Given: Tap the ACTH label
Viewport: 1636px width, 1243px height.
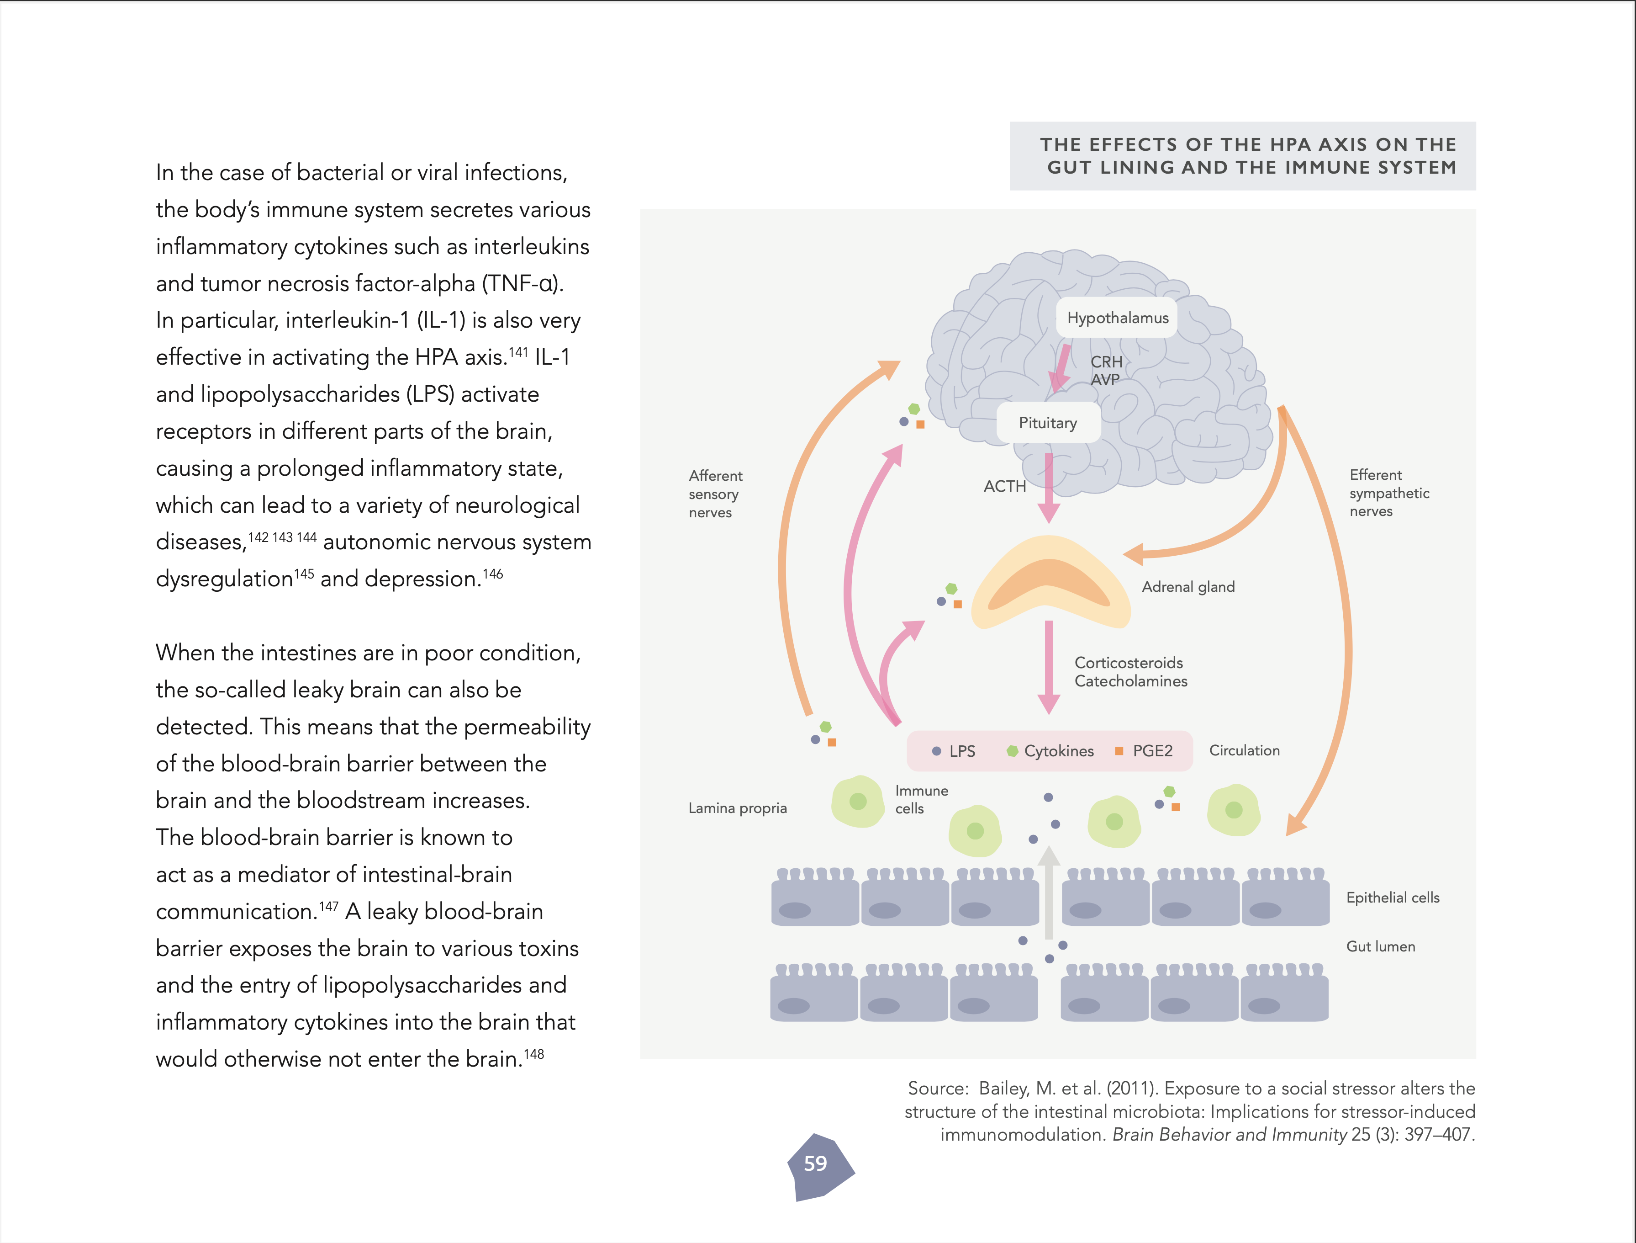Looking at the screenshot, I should tap(1004, 487).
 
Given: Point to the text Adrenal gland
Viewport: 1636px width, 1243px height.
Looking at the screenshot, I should tap(1188, 587).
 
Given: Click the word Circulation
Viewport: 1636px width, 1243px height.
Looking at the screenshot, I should tap(1244, 750).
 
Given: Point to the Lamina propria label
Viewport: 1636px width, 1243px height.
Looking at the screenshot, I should tap(737, 808).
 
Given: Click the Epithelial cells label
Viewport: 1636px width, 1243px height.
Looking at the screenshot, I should tap(1393, 898).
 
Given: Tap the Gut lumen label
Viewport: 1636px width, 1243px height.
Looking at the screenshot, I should tap(1380, 946).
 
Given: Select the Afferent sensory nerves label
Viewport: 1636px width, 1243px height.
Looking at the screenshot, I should tap(714, 494).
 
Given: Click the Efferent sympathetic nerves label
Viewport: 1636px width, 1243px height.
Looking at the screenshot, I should tap(1388, 493).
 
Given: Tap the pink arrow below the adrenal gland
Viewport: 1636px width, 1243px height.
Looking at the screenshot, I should tap(1049, 666).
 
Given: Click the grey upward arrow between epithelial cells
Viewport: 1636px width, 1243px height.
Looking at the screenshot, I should tap(1049, 892).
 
